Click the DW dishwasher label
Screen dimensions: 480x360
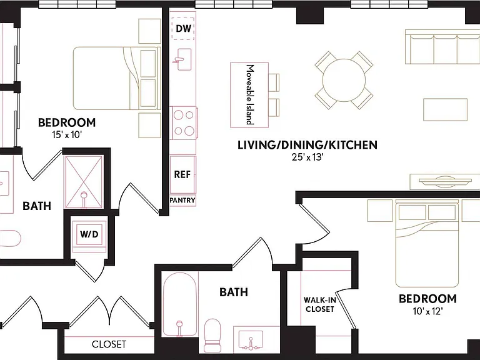point(184,29)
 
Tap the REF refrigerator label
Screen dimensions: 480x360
point(182,174)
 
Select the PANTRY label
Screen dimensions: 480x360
point(182,200)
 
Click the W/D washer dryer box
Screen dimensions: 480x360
point(89,234)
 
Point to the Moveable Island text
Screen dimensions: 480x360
point(251,94)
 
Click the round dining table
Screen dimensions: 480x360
point(344,80)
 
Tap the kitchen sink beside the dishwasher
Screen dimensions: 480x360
point(183,59)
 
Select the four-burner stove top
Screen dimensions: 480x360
point(184,123)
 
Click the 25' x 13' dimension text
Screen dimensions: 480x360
point(307,157)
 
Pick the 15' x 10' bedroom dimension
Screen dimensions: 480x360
point(67,135)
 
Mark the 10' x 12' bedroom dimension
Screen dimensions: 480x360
point(427,311)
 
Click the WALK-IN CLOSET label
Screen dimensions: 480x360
point(319,304)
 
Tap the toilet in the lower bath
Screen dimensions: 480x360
point(212,335)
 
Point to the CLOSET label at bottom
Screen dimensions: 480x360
point(109,344)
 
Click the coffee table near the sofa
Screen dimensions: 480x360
point(446,109)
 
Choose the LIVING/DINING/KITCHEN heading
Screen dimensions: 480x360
point(307,145)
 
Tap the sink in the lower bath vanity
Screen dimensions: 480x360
point(251,340)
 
